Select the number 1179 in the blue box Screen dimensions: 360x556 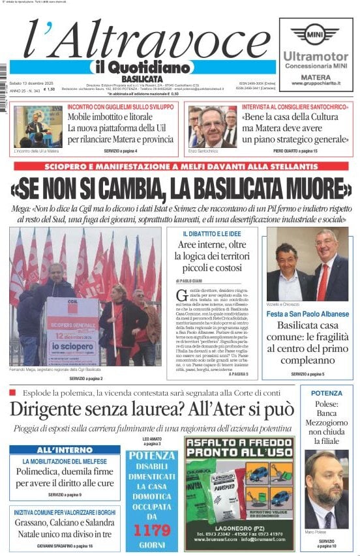151,531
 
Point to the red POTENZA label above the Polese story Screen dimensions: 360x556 326,394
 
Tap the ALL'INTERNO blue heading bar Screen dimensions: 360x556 65,450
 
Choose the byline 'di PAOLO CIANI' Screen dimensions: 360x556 190,280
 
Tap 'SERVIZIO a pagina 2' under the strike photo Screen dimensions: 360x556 85,378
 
